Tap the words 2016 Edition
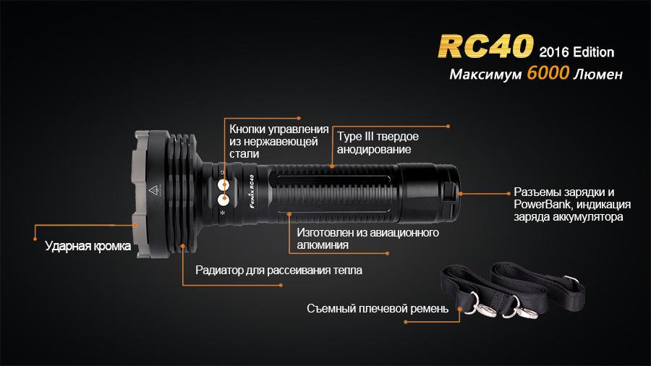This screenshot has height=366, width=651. tap(576, 52)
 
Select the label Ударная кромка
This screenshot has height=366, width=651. tap(88, 246)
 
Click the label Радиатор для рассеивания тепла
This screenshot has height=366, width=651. tap(279, 271)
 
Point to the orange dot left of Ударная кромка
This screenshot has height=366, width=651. tap(35, 234)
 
